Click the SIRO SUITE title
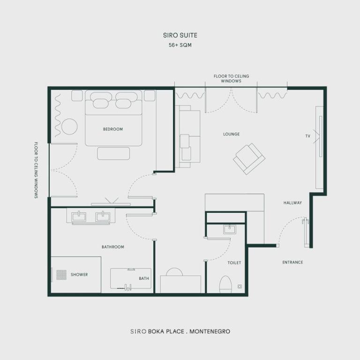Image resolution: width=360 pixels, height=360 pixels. tap(180, 35)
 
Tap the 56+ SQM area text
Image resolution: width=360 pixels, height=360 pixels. tap(180, 45)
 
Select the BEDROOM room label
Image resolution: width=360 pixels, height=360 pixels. tap(113, 129)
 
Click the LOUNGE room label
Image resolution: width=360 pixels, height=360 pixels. tap(231, 134)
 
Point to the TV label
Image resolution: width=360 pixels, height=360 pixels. tap(308, 136)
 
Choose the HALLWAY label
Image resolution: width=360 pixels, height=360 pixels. tap(292, 203)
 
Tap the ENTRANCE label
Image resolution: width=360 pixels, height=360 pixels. tap(292, 262)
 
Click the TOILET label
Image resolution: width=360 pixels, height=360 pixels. tap(234, 263)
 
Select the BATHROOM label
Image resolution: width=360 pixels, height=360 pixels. tap(113, 247)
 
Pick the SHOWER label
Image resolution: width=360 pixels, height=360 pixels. tap(79, 275)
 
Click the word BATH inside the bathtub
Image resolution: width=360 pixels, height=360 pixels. tap(144, 278)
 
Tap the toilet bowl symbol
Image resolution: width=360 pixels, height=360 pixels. tap(225, 284)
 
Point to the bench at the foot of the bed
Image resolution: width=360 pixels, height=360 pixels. tap(113, 153)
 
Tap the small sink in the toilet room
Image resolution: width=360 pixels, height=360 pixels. tap(230, 229)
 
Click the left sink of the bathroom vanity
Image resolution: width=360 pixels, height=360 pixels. tap(78, 216)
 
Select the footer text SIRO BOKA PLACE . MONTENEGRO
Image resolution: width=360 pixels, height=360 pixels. tap(180, 331)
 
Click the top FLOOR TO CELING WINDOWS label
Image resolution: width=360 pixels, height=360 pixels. tap(231, 78)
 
